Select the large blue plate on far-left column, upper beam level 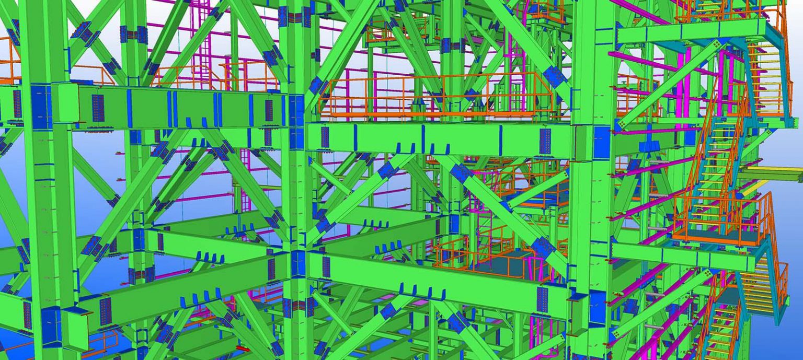click(41, 107)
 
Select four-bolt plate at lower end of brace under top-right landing click(621, 124)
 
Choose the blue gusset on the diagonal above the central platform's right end click(554, 77)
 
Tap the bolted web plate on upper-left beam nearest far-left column click(98, 108)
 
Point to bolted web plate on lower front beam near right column click(542, 299)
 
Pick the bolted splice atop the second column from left click(133, 35)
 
